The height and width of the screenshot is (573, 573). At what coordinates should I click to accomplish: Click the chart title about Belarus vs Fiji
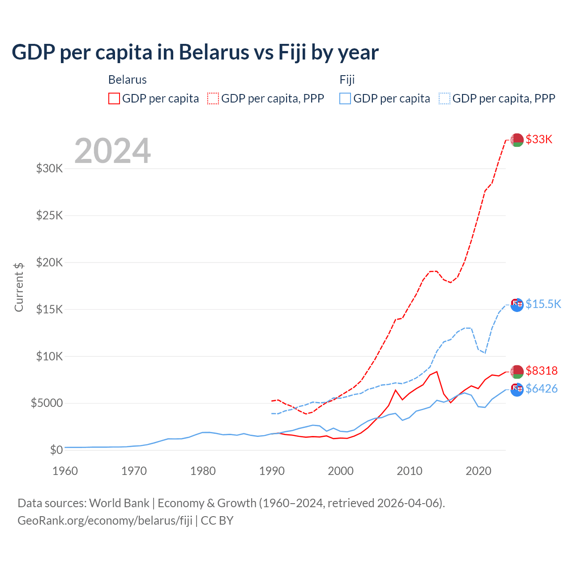point(195,52)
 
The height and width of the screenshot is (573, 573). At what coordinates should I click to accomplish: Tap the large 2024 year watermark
point(112,151)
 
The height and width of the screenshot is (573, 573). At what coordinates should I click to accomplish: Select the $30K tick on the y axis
point(49,169)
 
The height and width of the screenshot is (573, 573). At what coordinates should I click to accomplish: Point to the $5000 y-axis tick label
point(47,403)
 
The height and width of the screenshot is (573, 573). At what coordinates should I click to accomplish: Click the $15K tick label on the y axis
point(49,309)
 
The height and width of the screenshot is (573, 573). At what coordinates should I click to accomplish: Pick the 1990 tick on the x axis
point(272,471)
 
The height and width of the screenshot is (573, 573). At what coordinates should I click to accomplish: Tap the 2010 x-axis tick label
point(410,471)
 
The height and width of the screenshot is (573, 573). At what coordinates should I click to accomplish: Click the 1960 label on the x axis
point(65,471)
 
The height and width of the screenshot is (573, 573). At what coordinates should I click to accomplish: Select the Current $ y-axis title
point(19,287)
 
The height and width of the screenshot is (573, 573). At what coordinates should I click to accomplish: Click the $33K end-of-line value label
point(539,140)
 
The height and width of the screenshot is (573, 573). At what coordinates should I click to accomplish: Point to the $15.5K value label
point(543,304)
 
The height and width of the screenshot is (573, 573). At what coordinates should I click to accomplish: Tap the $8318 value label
point(542,371)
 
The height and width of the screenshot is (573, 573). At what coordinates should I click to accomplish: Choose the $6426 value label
point(542,389)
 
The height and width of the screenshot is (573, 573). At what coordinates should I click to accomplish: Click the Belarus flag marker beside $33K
point(517,140)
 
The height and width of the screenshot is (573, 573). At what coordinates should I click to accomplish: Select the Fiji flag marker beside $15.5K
point(517,304)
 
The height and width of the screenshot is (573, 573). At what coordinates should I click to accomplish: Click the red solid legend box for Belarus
point(114,98)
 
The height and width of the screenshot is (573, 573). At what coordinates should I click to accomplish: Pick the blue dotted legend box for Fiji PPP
point(445,98)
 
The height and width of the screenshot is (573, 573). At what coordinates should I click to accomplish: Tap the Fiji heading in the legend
point(347,80)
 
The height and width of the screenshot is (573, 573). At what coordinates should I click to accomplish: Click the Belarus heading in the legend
point(128,80)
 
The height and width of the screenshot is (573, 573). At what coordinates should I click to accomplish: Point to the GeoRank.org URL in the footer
point(105,521)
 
